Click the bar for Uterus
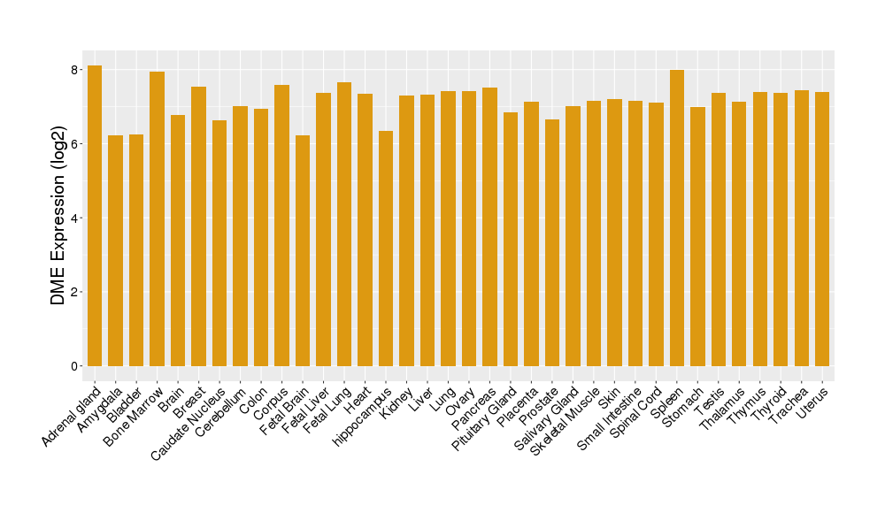(x=822, y=229)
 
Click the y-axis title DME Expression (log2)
(x=58, y=218)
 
